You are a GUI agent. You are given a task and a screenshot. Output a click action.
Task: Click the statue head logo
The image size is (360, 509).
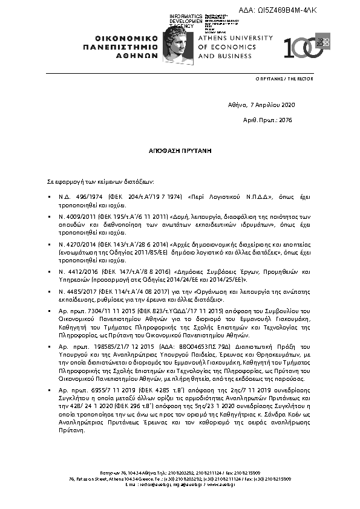click(180, 42)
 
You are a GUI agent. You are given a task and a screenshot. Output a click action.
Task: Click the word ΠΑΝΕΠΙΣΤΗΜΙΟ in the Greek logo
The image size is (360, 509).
click(121, 46)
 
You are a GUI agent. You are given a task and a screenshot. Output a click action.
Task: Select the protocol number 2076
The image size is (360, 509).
click(286, 120)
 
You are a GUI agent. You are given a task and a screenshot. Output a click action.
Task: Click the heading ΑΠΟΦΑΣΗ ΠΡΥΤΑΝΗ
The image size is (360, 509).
click(180, 149)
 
